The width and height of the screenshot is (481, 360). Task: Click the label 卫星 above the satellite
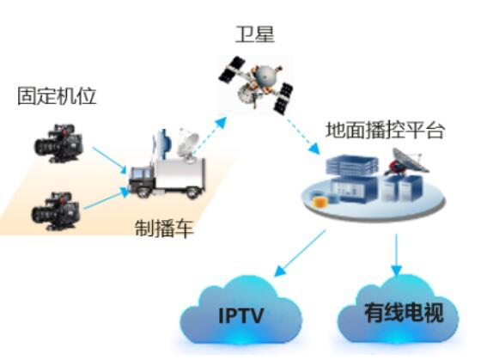pyautogui.click(x=254, y=34)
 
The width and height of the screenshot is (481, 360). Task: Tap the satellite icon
pyautogui.click(x=256, y=83)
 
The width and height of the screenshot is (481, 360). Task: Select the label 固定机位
pyautogui.click(x=57, y=96)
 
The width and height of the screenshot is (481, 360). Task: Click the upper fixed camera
pyautogui.click(x=58, y=143)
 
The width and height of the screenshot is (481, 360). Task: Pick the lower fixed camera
pyautogui.click(x=56, y=211)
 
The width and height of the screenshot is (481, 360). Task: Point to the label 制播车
pyautogui.click(x=164, y=228)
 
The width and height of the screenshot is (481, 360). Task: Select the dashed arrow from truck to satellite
pyautogui.click(x=210, y=134)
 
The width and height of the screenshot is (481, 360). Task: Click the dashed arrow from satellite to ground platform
pyautogui.click(x=303, y=135)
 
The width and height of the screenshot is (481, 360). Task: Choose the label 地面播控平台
pyautogui.click(x=385, y=130)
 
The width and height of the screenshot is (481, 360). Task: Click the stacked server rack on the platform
pyautogui.click(x=352, y=165)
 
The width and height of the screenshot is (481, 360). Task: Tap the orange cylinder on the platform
pyautogui.click(x=320, y=202)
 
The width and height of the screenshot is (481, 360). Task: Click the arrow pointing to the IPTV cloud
pyautogui.click(x=300, y=253)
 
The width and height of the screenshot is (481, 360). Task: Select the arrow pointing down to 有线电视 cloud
pyautogui.click(x=396, y=254)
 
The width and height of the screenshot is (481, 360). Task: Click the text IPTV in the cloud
pyautogui.click(x=241, y=315)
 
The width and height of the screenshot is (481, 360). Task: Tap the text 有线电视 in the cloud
pyautogui.click(x=404, y=313)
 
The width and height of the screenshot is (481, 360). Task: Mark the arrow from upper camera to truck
pyautogui.click(x=110, y=161)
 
